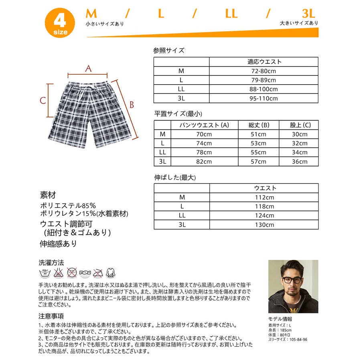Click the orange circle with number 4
[59, 23]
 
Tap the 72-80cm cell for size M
[264, 71]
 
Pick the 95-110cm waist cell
[264, 98]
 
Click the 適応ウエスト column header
[264, 62]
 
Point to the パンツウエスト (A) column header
[204, 125]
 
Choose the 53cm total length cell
[258, 143]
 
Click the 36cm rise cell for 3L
[299, 162]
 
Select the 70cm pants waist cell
[204, 134]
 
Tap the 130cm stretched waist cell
[264, 225]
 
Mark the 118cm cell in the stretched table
[264, 206]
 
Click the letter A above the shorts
[88, 69]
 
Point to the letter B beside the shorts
[131, 105]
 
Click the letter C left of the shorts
[43, 100]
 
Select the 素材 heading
[48, 195]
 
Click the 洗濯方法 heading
[51, 263]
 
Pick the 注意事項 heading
[51, 316]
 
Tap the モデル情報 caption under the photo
[281, 319]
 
